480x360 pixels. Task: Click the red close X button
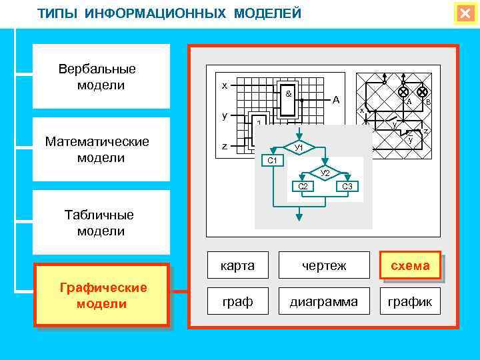coord(465,13)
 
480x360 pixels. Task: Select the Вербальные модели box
coord(101,77)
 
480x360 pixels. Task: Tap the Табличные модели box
coord(101,223)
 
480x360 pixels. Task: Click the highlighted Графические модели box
coord(102,295)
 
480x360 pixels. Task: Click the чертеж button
coord(324,265)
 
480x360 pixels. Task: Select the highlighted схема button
coord(410,265)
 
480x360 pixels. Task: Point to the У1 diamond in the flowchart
coord(299,147)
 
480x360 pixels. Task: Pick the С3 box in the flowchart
coord(347,186)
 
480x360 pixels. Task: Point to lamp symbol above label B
coord(422,91)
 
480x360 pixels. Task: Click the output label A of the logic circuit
coord(336,100)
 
